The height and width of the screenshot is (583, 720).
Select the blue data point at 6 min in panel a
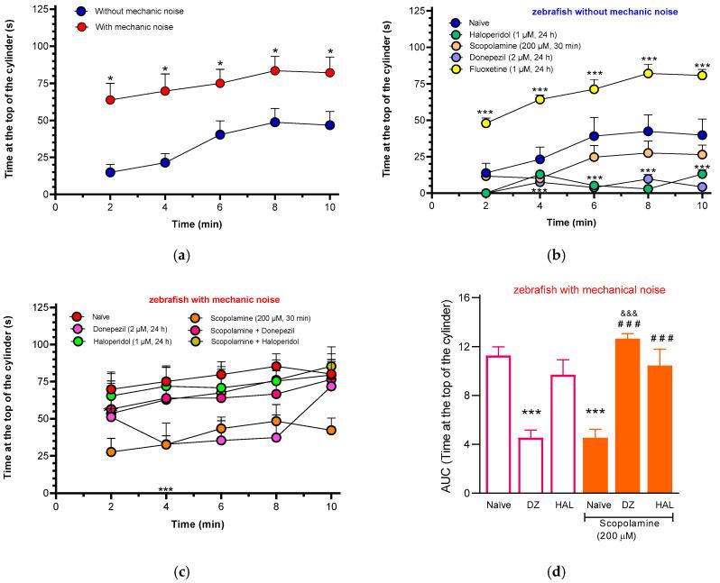219,134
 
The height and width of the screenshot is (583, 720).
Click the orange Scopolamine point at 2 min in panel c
111,451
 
